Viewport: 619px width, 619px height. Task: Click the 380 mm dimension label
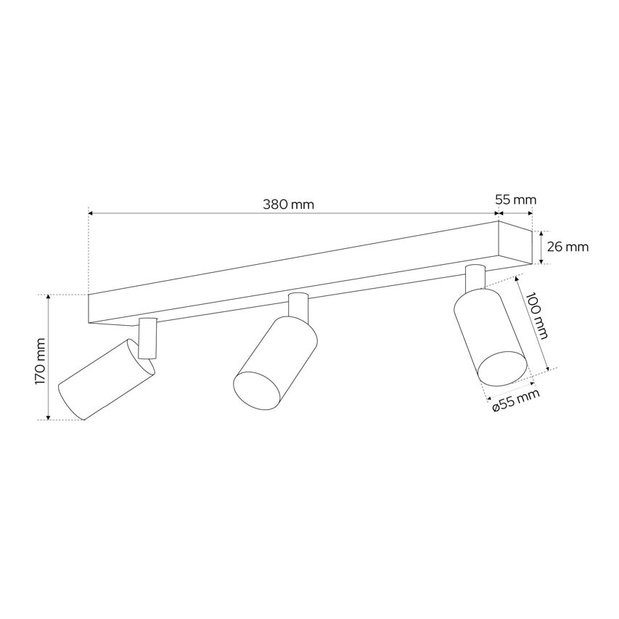click(288, 205)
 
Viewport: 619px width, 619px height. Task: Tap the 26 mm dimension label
click(567, 247)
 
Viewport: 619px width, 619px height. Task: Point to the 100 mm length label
click(537, 316)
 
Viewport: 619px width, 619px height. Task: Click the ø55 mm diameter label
click(516, 401)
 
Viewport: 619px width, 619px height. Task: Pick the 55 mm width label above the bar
click(516, 200)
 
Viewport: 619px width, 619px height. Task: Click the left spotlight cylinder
click(107, 379)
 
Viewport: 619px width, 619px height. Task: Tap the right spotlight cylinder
click(491, 336)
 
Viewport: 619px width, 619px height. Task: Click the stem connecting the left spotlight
click(148, 338)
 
